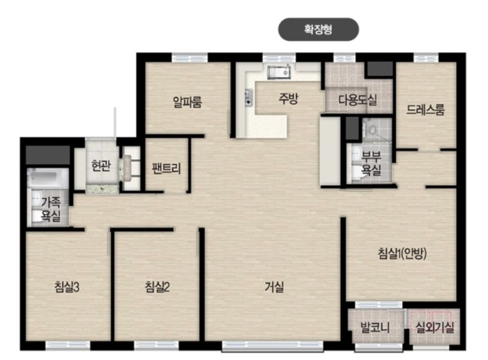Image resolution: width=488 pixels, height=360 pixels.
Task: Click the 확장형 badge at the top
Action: (318, 29)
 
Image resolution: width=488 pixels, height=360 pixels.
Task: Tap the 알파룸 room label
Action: (188, 102)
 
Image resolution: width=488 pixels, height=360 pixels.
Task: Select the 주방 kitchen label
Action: (288, 99)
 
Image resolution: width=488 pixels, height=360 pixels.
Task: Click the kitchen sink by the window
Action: (279, 73)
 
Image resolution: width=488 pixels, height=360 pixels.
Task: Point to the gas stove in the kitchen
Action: (248, 98)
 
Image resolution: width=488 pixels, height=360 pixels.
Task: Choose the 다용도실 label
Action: (358, 100)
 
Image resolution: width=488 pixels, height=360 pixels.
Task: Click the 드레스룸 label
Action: (425, 109)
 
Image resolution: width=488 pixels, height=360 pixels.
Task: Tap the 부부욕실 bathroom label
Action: (371, 163)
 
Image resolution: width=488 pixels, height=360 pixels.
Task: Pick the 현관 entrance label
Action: (101, 165)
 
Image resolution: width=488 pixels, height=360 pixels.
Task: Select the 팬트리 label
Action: (166, 168)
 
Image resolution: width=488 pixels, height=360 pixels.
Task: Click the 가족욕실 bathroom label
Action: (51, 209)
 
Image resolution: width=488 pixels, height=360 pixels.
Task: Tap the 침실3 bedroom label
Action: (67, 287)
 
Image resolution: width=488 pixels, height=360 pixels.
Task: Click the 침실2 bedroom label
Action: (157, 287)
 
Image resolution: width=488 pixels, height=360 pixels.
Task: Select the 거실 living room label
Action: (274, 287)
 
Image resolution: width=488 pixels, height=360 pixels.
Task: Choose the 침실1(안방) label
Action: (402, 253)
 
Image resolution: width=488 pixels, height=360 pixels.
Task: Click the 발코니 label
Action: (375, 328)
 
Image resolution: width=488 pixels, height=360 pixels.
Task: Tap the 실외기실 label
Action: (435, 328)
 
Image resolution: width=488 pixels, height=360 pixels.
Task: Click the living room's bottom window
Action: (273, 346)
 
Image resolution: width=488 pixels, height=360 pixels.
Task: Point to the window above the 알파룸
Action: (190, 58)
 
